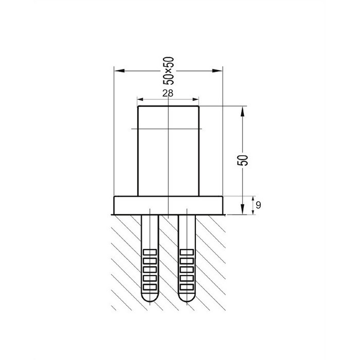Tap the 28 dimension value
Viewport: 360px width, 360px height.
[x=168, y=93]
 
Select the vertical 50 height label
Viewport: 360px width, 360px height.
[x=243, y=160]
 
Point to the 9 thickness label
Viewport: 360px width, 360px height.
[x=258, y=205]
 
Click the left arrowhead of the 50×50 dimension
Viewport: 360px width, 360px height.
[x=119, y=71]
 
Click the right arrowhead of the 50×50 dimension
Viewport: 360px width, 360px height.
[x=217, y=71]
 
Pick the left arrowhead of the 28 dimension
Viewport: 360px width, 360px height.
[x=140, y=99]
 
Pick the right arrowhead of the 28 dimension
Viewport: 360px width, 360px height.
[x=195, y=99]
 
